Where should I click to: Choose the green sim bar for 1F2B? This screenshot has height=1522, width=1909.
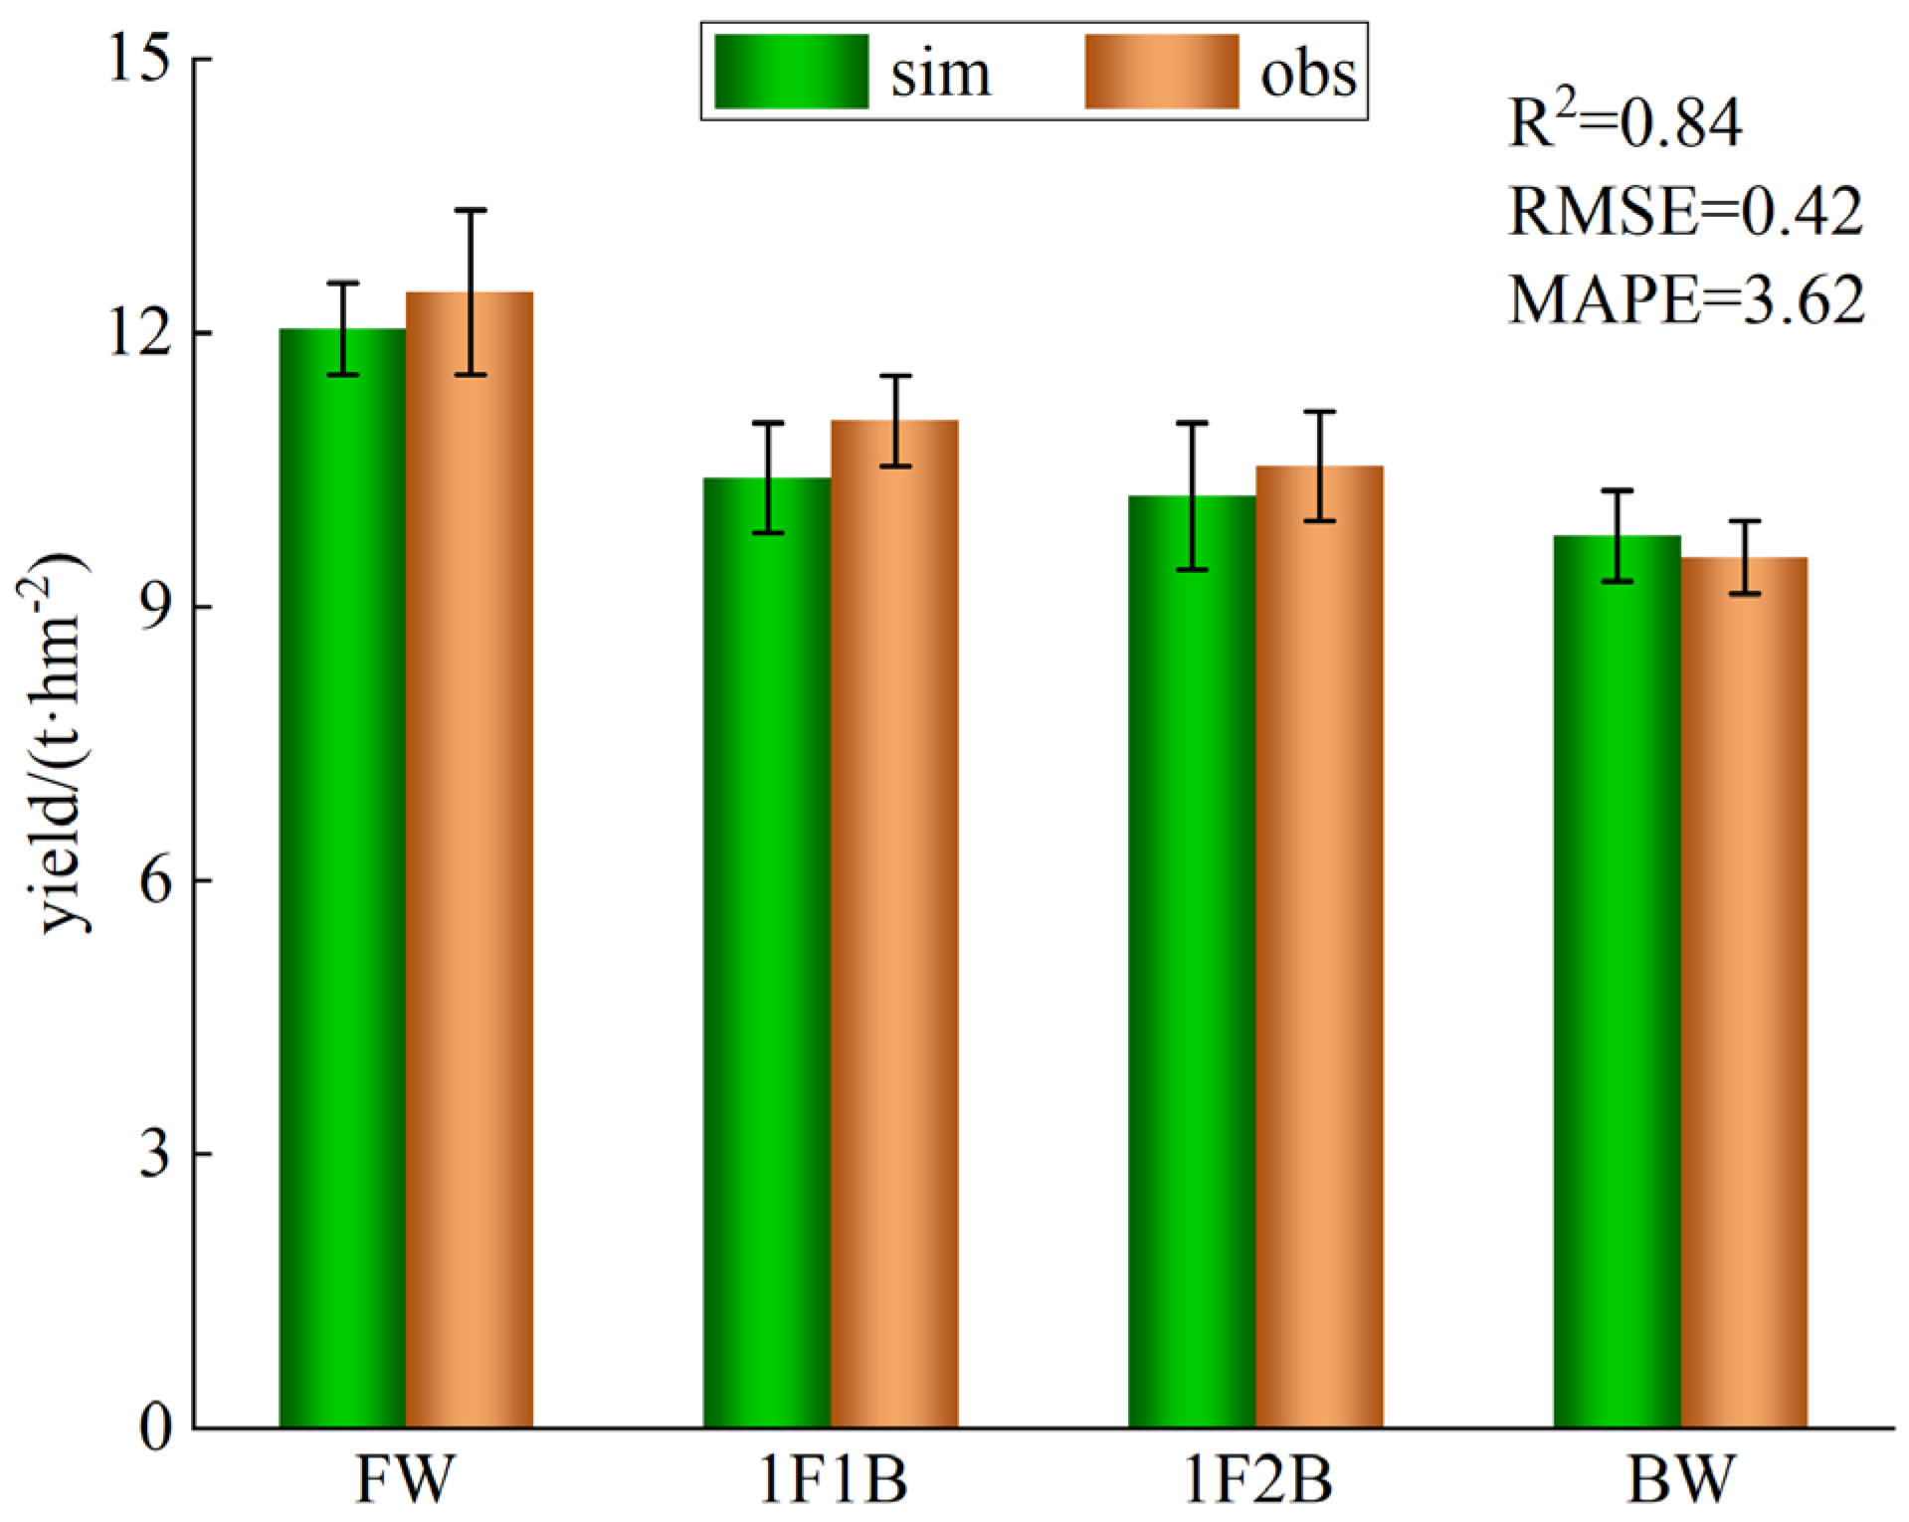[1192, 961]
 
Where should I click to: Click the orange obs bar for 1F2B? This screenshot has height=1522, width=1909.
[1319, 946]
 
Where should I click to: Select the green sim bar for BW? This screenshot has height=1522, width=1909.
[1617, 981]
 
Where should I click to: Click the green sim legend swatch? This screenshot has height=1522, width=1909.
[792, 72]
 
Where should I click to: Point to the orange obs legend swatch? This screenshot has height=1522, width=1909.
[1161, 72]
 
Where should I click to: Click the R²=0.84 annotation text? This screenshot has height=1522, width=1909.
[1624, 124]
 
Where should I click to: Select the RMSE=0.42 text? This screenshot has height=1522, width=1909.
[1685, 211]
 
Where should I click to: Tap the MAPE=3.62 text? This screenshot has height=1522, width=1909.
[1686, 298]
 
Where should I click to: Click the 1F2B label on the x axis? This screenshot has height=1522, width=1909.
[1257, 1479]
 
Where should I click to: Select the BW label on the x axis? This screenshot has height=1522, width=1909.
[1681, 1479]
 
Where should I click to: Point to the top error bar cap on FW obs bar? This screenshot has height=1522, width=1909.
[470, 211]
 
